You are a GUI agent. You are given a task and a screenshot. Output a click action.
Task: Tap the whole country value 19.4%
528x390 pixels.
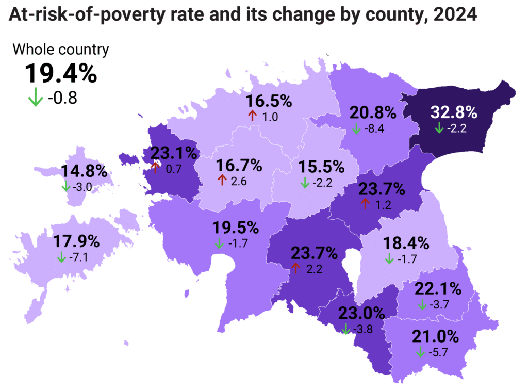click(x=61, y=74)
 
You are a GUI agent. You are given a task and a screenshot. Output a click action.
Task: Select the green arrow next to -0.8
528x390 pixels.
click(x=35, y=97)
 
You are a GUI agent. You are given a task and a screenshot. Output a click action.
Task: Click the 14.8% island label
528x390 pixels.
click(x=85, y=172)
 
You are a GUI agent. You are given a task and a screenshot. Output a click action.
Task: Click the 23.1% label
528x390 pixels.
click(x=174, y=153)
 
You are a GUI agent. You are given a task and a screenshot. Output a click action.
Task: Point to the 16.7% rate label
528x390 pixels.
click(x=239, y=166)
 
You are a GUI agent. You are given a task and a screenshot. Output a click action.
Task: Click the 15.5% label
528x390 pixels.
click(x=321, y=167)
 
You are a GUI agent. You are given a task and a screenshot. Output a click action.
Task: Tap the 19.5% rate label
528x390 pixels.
click(x=236, y=228)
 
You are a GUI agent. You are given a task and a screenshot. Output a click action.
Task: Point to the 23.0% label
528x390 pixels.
click(x=362, y=313)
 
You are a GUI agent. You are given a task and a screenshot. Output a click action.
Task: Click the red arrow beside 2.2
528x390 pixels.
click(x=295, y=268)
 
